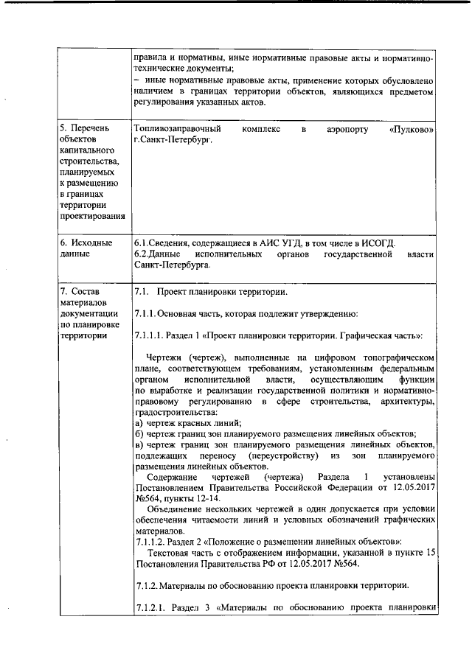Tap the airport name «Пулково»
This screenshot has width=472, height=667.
point(411,130)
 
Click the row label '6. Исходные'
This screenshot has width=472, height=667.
point(86,243)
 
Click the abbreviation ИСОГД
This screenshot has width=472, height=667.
point(378,243)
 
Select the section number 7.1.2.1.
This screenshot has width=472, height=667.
point(155,607)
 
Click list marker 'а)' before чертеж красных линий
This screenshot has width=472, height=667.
point(139,422)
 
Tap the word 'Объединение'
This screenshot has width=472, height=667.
point(177,509)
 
